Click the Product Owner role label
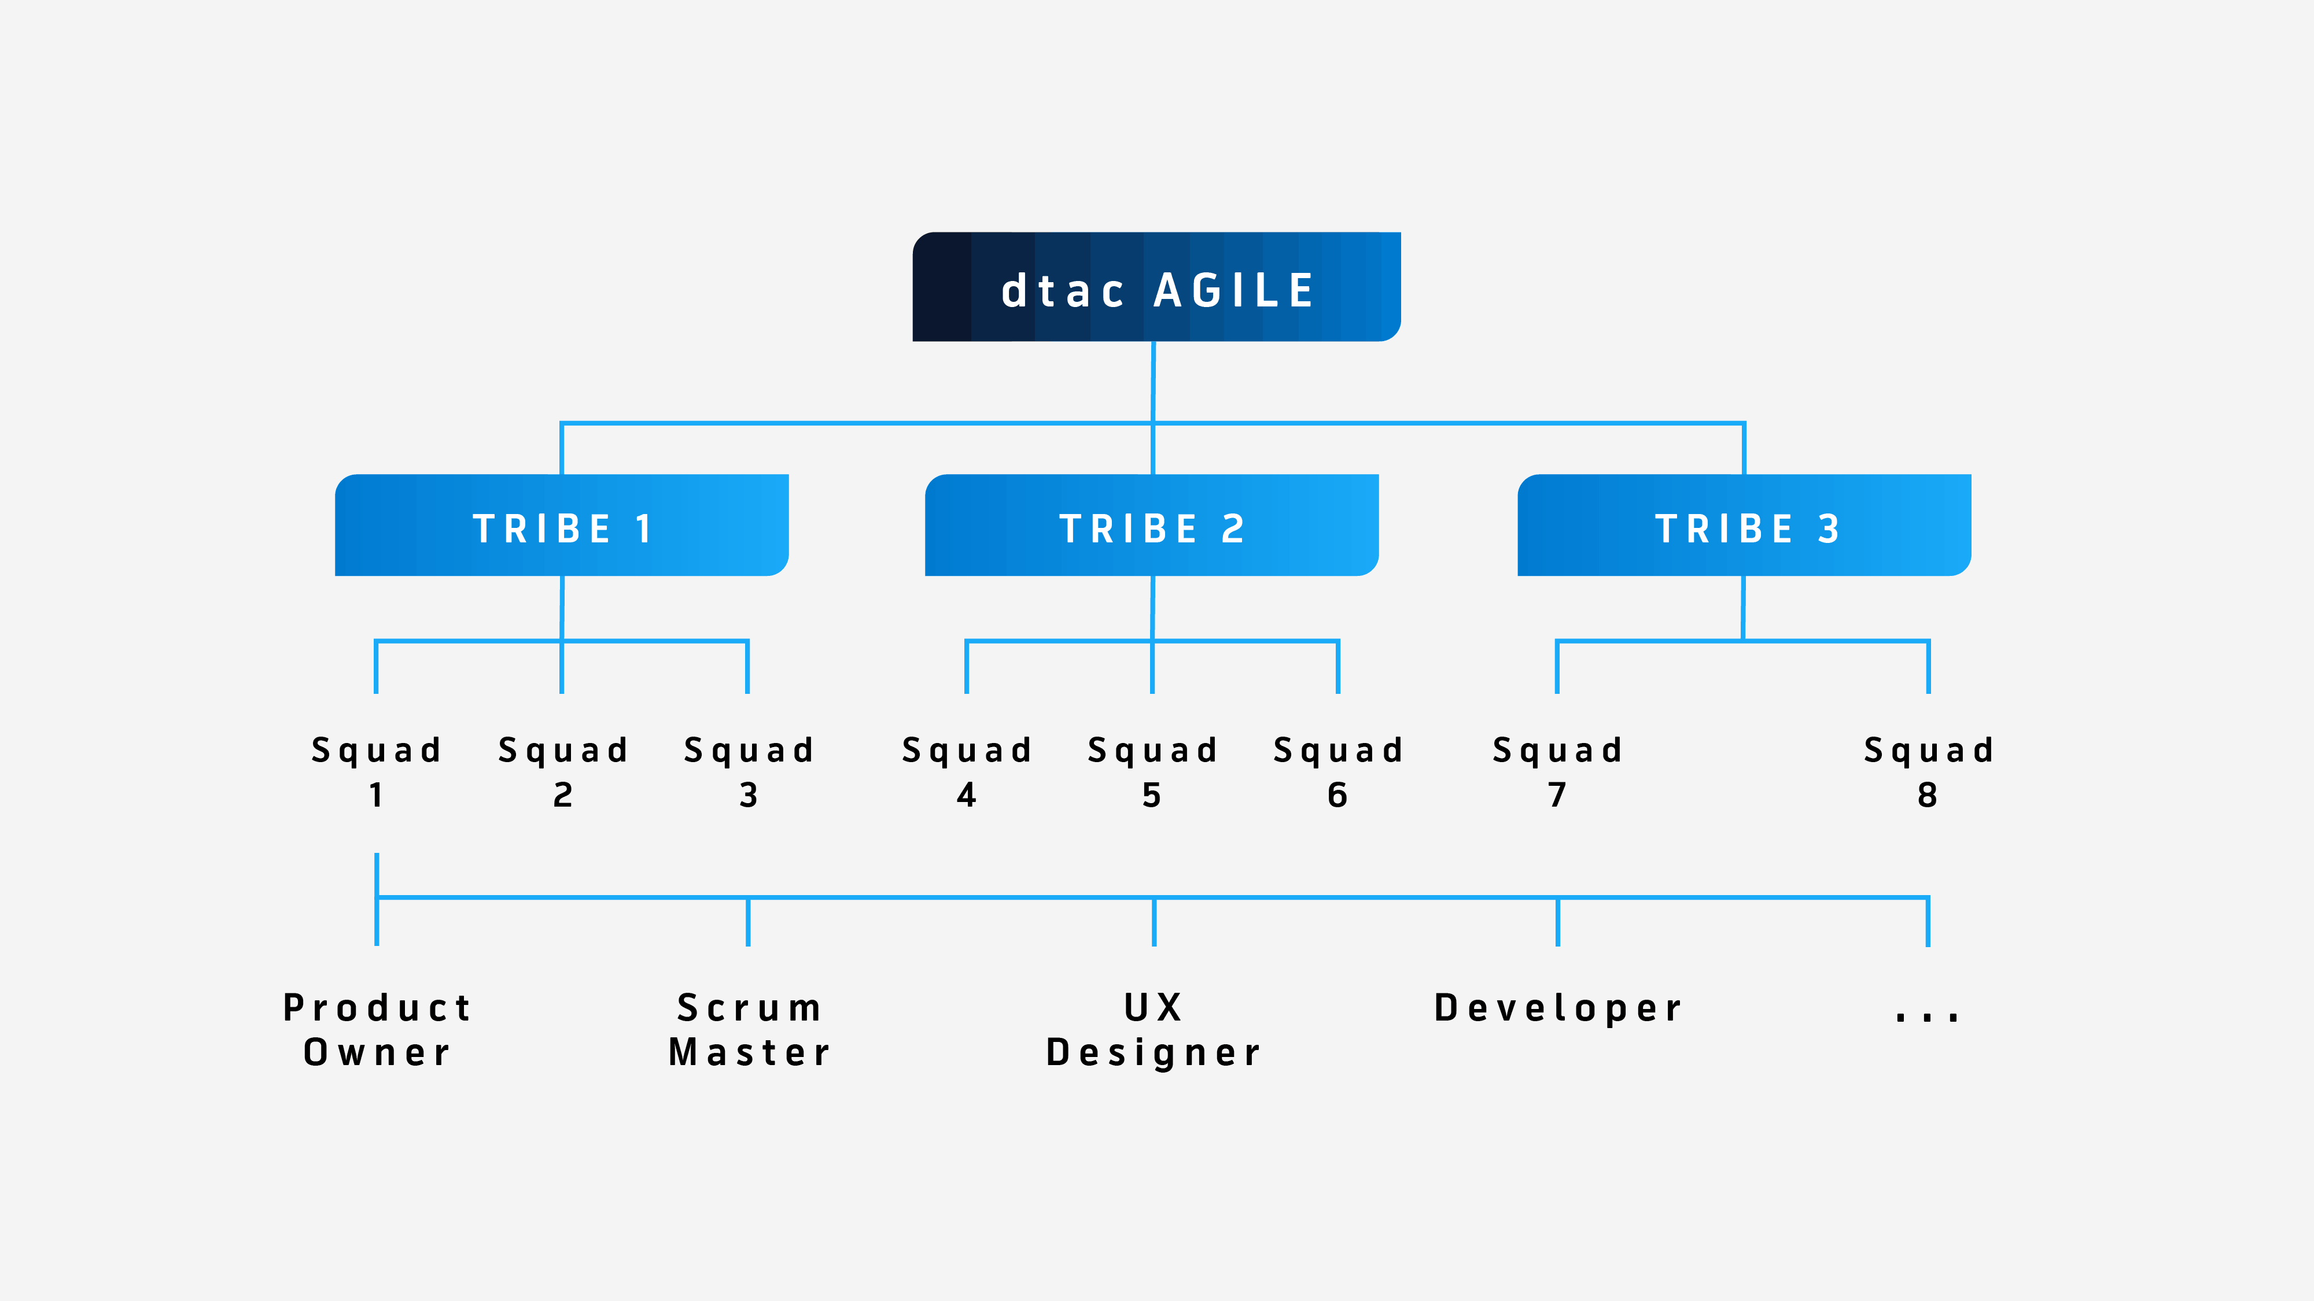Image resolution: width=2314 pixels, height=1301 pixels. point(377,1029)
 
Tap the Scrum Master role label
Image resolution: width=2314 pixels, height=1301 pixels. point(749,1029)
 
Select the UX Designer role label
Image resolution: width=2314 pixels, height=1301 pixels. point(1154,1029)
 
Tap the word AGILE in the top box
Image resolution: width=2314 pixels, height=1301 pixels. point(1235,291)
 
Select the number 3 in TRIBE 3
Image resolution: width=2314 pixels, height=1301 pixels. point(1829,529)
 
